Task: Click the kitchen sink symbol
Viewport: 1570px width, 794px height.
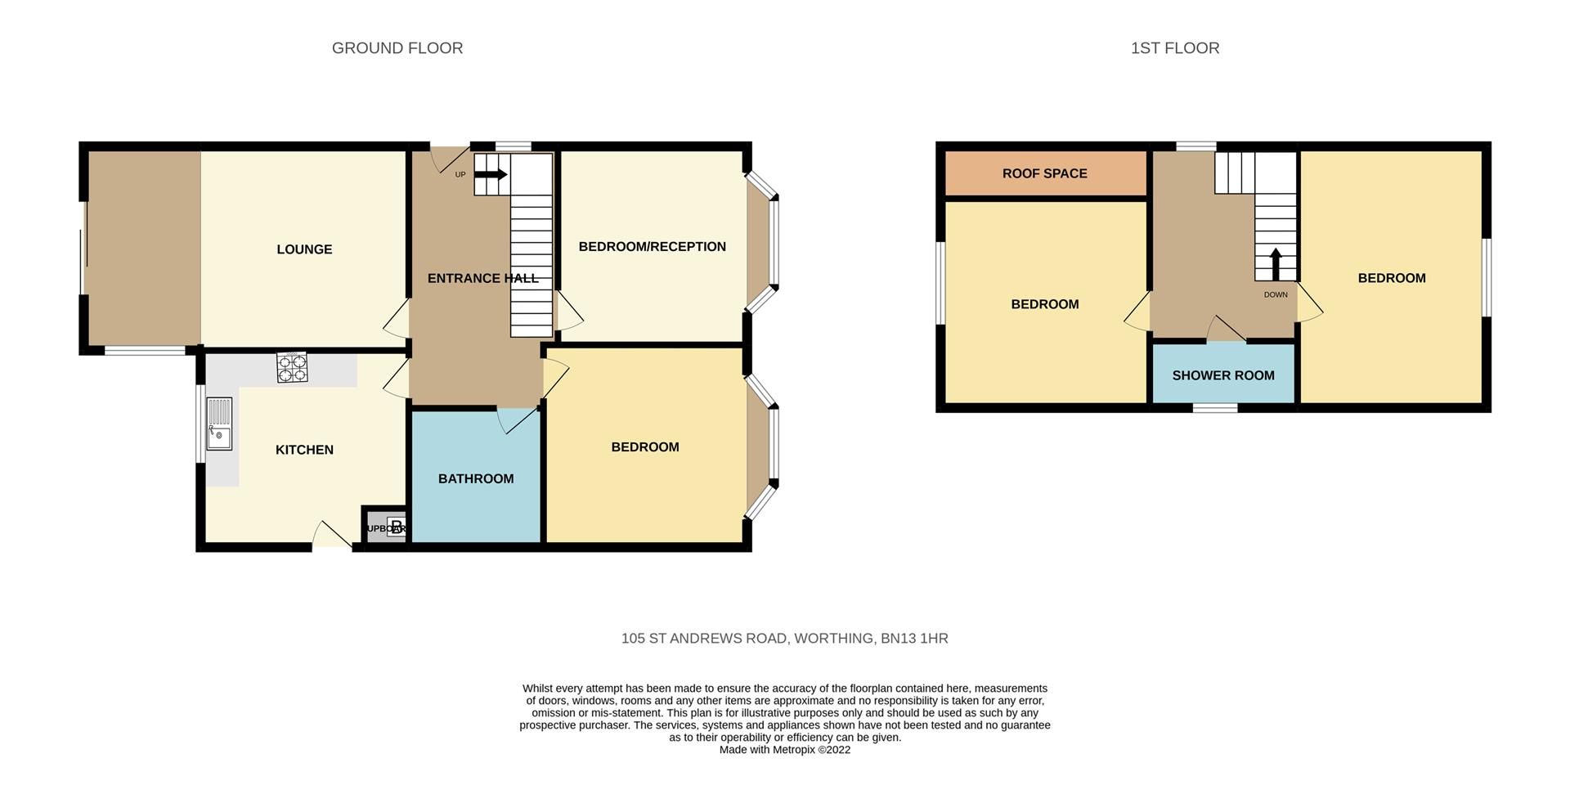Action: (219, 424)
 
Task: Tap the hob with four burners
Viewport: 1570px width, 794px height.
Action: (292, 368)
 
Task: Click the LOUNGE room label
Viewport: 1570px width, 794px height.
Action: (304, 249)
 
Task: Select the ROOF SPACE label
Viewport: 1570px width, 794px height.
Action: (1044, 173)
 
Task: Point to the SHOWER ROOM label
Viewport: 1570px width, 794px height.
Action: (1222, 375)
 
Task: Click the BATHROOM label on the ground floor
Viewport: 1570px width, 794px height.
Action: (476, 479)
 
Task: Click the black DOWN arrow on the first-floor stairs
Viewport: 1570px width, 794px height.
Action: (1275, 264)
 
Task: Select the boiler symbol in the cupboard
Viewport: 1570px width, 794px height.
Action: (396, 527)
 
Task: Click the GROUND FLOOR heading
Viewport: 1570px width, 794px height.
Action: (397, 48)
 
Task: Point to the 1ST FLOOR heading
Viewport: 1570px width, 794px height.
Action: (1174, 48)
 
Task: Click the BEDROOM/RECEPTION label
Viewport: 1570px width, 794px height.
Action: (652, 247)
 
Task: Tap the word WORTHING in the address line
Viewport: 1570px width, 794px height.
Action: (833, 639)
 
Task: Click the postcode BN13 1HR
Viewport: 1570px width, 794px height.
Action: (914, 639)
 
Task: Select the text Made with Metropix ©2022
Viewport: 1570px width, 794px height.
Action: (784, 750)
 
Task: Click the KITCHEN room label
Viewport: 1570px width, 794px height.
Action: (304, 450)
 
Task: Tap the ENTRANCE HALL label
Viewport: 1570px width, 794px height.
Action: (482, 279)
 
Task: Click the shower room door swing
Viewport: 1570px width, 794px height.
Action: (1226, 330)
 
